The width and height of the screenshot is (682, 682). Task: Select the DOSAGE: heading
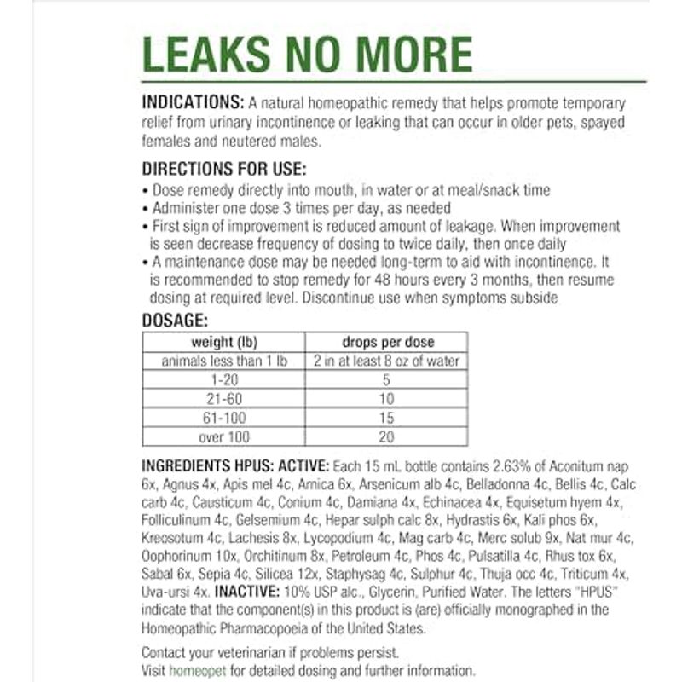pyautogui.click(x=175, y=321)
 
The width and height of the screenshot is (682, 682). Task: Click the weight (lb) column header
pyautogui.click(x=225, y=342)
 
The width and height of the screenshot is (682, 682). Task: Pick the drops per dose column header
pyautogui.click(x=387, y=342)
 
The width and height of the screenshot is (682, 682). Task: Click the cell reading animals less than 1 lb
pyautogui.click(x=225, y=361)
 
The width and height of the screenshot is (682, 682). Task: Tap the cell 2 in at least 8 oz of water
pyautogui.click(x=387, y=361)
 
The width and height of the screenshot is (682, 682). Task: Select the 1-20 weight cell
pyautogui.click(x=225, y=379)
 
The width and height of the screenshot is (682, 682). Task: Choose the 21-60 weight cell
pyautogui.click(x=225, y=399)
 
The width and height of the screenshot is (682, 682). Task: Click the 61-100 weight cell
pyautogui.click(x=225, y=418)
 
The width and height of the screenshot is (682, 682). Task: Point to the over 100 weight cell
pyautogui.click(x=225, y=436)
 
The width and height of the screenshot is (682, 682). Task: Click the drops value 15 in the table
pyautogui.click(x=387, y=418)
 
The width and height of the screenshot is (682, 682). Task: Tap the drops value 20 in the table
pyautogui.click(x=387, y=436)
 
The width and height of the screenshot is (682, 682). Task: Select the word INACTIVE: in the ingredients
pyautogui.click(x=248, y=590)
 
